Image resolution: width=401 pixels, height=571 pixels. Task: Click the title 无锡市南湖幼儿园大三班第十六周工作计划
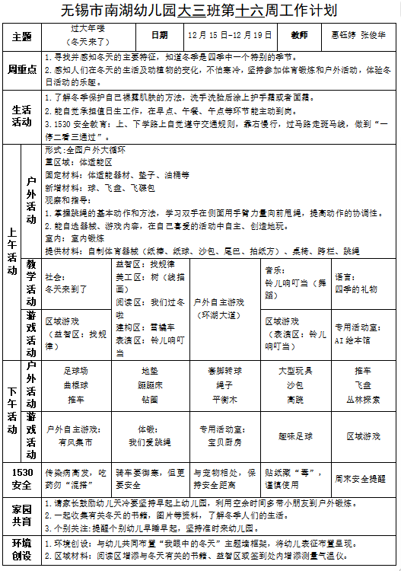pyautogui.click(x=200, y=11)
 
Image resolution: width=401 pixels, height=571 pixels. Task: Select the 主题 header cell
pyautogui.click(x=22, y=36)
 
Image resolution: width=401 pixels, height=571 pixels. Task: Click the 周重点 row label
pyautogui.click(x=22, y=69)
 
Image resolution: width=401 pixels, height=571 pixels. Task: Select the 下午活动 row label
pyautogui.click(x=13, y=410)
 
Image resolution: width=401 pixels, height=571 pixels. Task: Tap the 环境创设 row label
pyautogui.click(x=22, y=549)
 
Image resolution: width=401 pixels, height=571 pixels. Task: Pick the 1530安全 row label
pyautogui.click(x=22, y=477)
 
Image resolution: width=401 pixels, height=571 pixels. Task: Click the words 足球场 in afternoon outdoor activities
pyautogui.click(x=75, y=371)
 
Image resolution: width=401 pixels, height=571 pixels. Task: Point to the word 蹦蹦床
pyautogui.click(x=149, y=384)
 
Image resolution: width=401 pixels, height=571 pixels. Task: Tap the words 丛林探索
pyautogui.click(x=363, y=398)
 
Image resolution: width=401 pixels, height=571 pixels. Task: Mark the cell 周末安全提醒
pyautogui.click(x=363, y=479)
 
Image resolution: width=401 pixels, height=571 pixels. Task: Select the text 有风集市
pyautogui.click(x=75, y=441)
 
